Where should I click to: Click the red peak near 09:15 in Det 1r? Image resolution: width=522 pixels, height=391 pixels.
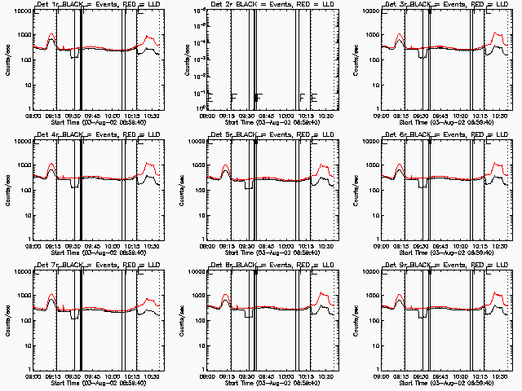[x=52, y=36]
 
